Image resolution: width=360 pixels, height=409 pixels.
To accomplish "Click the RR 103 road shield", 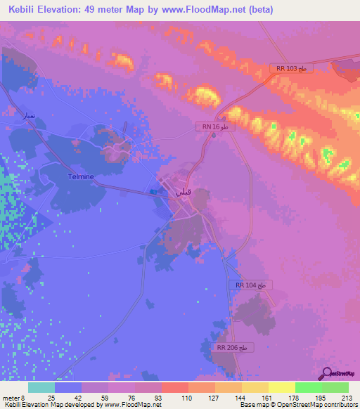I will coord(290,68).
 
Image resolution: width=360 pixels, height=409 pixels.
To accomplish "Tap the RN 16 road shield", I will coord(213,126).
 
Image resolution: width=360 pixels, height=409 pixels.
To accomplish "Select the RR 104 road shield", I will coord(251,285).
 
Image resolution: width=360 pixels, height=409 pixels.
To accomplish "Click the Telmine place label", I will coord(81,176).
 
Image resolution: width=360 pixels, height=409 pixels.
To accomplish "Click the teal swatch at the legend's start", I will coord(41,387).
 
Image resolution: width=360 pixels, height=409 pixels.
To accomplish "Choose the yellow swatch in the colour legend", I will coord(281,387).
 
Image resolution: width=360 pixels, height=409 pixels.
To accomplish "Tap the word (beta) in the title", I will coord(258,9).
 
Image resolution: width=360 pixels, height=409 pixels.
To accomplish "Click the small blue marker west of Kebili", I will coord(153,190).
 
